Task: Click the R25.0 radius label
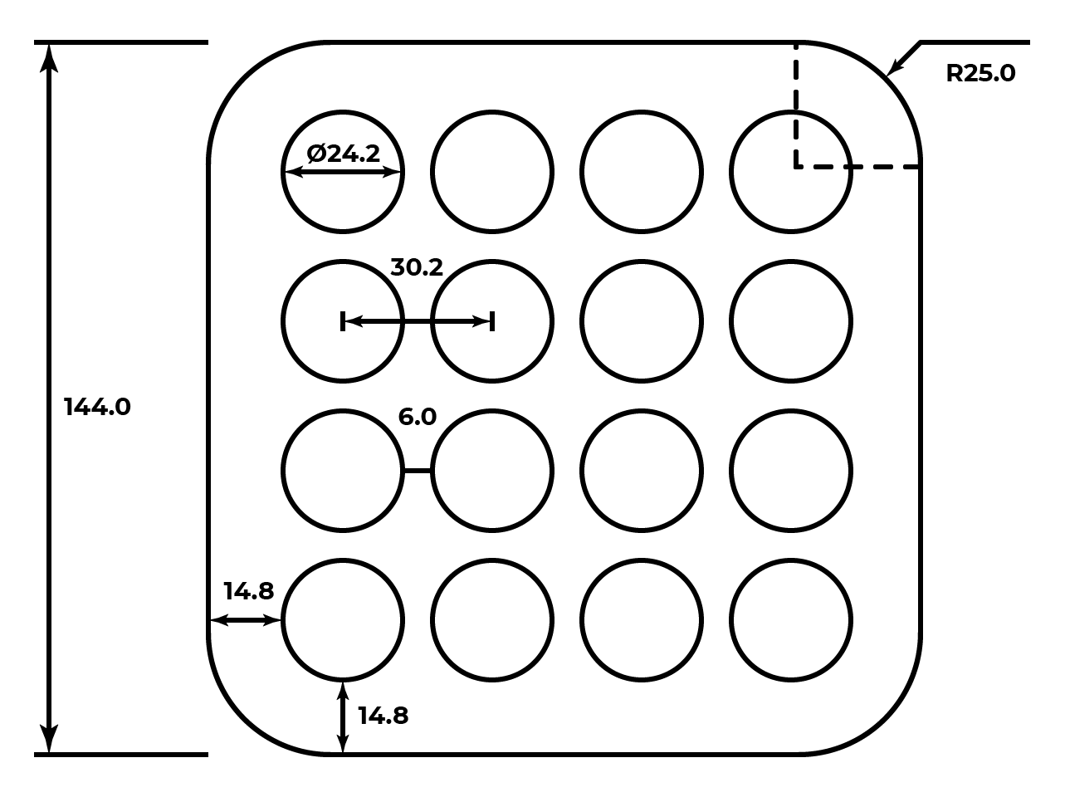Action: point(980,73)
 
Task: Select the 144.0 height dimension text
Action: point(97,407)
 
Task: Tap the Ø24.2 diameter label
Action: point(343,154)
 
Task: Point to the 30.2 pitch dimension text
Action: point(417,267)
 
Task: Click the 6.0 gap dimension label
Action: point(417,416)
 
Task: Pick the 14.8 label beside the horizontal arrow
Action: point(248,591)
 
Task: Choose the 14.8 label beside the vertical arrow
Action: point(383,716)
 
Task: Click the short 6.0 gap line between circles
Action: point(417,471)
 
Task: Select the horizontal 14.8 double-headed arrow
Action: point(245,620)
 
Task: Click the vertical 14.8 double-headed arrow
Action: point(342,717)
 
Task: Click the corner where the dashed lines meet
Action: point(796,167)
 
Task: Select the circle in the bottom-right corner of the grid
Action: point(790,620)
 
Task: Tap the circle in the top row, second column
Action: point(491,172)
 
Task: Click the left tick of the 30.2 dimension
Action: point(343,321)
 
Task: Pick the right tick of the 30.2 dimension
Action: point(492,321)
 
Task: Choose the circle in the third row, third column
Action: point(641,471)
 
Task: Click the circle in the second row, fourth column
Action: point(790,321)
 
